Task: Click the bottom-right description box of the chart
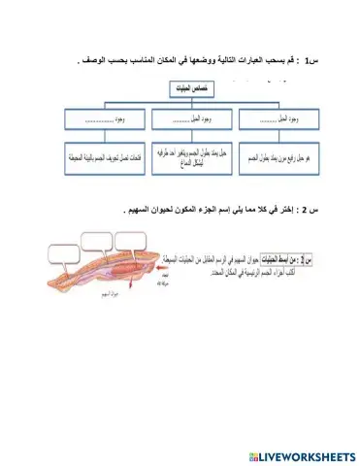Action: [277, 155]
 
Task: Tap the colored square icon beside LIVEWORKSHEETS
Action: [253, 455]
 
